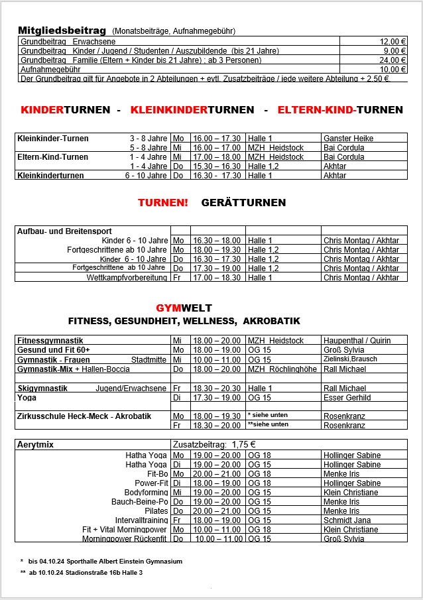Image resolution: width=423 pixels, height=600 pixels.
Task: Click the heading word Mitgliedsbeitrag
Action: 62,30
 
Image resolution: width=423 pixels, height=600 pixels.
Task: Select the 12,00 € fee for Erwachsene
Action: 392,41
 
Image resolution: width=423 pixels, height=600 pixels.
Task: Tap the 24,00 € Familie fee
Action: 392,60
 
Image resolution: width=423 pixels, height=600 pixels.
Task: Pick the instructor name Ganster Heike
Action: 348,138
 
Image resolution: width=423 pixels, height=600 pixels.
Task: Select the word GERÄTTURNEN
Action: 243,202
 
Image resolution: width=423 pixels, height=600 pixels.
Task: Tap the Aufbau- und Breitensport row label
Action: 64,231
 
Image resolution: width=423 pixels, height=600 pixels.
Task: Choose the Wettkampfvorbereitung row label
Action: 127,278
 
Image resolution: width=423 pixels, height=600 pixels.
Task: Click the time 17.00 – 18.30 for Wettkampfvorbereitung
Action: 217,278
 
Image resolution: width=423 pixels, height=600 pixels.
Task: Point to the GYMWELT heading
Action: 184,308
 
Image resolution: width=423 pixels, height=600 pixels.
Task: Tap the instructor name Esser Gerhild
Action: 347,398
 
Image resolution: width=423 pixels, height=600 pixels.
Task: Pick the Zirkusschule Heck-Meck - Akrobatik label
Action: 84,416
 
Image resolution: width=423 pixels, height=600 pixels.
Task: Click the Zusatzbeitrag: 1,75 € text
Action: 214,444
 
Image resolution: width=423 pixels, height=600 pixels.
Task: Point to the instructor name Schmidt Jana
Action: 348,520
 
